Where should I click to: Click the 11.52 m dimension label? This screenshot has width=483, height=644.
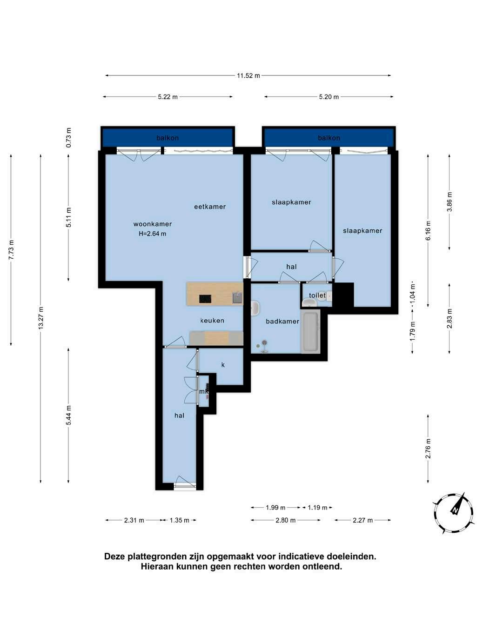click(248, 76)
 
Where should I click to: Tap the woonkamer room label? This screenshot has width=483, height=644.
click(153, 224)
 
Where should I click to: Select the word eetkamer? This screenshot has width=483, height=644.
click(210, 207)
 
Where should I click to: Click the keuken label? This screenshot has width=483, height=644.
click(212, 321)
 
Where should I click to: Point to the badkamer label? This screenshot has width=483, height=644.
click(282, 322)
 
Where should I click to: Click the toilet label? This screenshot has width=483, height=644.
click(317, 295)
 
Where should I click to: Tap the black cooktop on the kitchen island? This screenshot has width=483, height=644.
click(205, 299)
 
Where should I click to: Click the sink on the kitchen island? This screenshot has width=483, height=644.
click(237, 298)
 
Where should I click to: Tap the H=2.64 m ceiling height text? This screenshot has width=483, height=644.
click(153, 234)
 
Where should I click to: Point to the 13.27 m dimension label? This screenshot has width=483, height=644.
click(41, 318)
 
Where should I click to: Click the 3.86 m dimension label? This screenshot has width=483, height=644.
click(449, 201)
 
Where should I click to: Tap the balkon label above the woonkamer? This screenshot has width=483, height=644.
click(168, 138)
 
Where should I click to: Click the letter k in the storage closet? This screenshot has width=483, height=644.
click(223, 365)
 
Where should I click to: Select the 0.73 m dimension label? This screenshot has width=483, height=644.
click(68, 138)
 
